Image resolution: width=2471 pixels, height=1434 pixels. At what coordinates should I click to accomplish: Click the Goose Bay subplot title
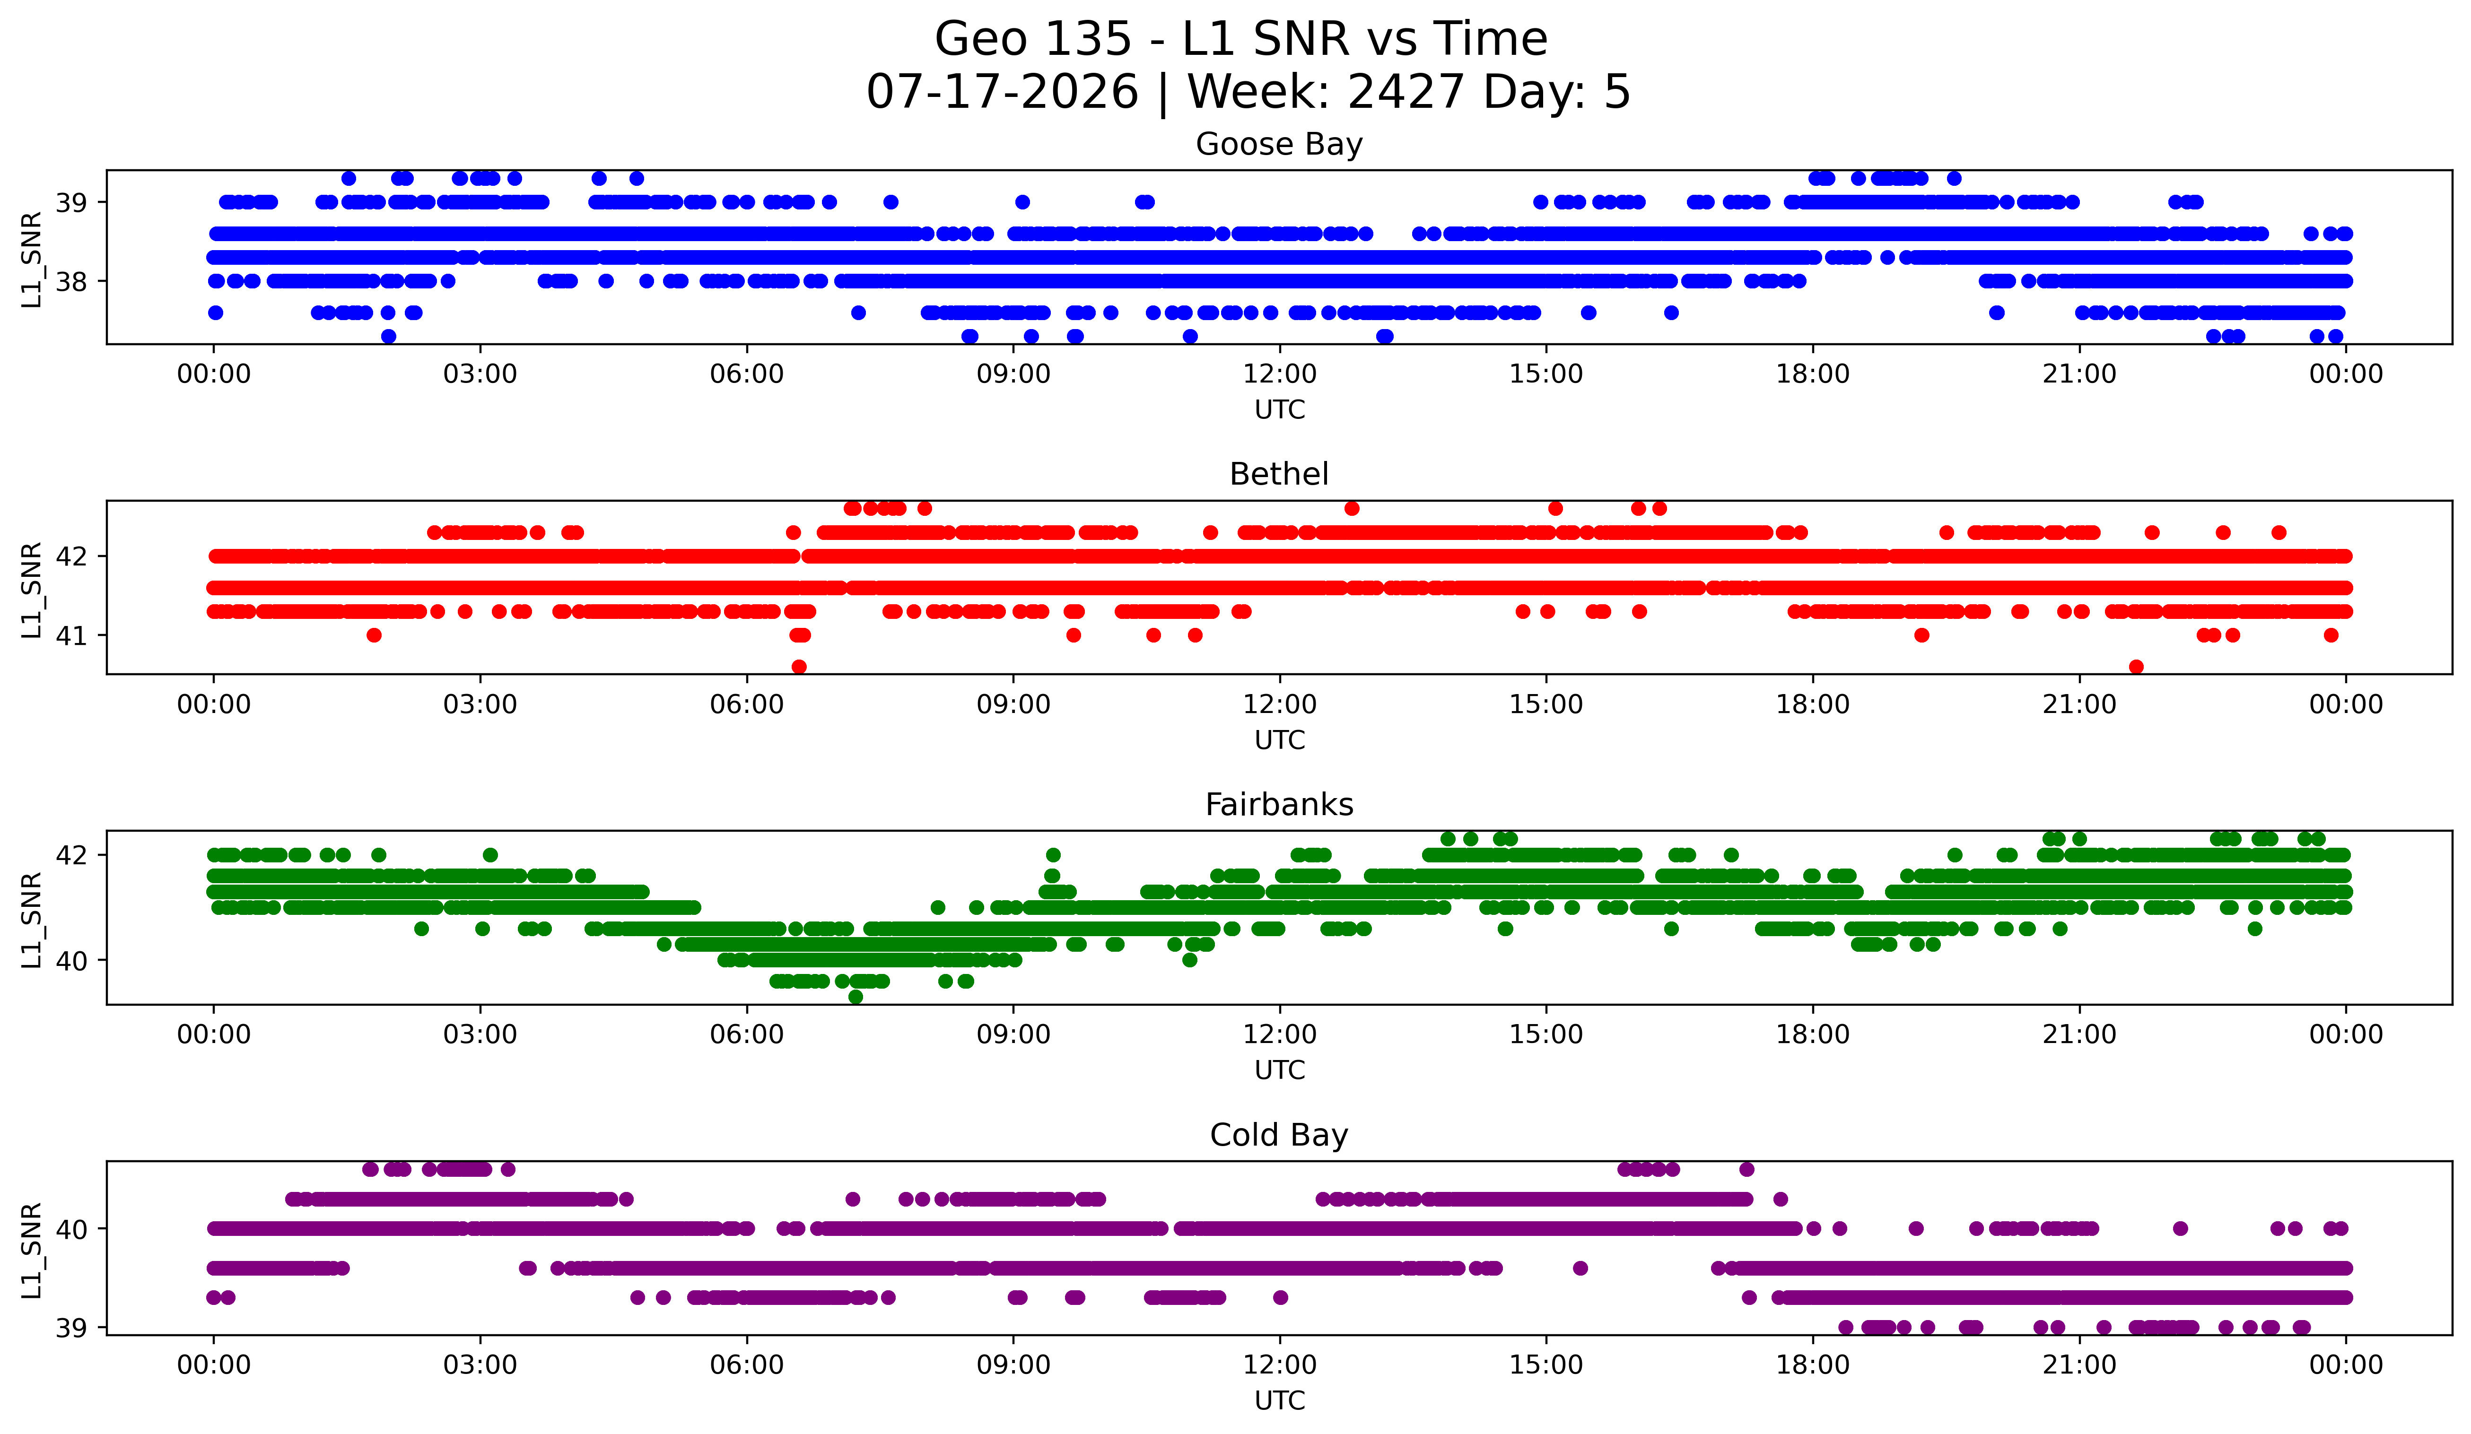coord(1279,144)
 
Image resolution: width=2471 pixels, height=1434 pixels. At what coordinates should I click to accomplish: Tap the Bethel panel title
coord(1279,474)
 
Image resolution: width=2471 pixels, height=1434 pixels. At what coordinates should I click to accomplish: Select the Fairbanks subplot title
coord(1279,805)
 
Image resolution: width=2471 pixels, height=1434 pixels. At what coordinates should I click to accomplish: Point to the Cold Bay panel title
coord(1279,1135)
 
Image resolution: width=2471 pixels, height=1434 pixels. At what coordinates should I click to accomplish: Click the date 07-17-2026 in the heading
coord(1002,92)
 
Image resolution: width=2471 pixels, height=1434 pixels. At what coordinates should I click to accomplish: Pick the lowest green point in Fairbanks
coord(855,997)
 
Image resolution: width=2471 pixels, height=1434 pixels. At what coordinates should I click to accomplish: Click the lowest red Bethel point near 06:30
coord(799,667)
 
